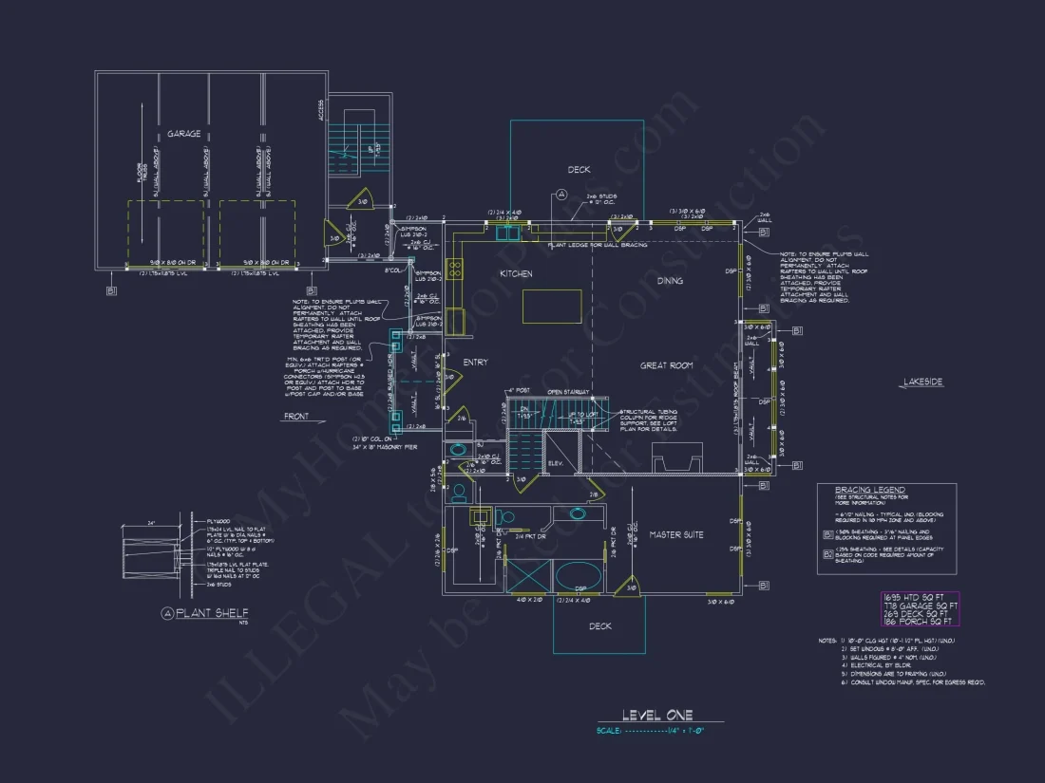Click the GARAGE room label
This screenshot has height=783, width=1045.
point(184,134)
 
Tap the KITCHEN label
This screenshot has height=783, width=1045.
point(516,274)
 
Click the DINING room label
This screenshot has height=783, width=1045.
point(670,281)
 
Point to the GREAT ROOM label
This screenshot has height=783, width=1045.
point(666,365)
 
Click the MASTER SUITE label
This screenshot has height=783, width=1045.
point(676,535)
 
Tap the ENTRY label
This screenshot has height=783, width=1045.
point(475,364)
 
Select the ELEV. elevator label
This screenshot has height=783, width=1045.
point(557,463)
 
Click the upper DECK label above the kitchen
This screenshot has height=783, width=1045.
point(579,170)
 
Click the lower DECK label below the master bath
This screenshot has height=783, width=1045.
point(600,626)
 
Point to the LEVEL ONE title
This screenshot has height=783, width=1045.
point(657,715)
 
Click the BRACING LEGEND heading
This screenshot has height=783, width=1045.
point(870,490)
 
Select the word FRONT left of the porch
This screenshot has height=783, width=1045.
point(296,417)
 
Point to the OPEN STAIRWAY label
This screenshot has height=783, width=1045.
point(568,391)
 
